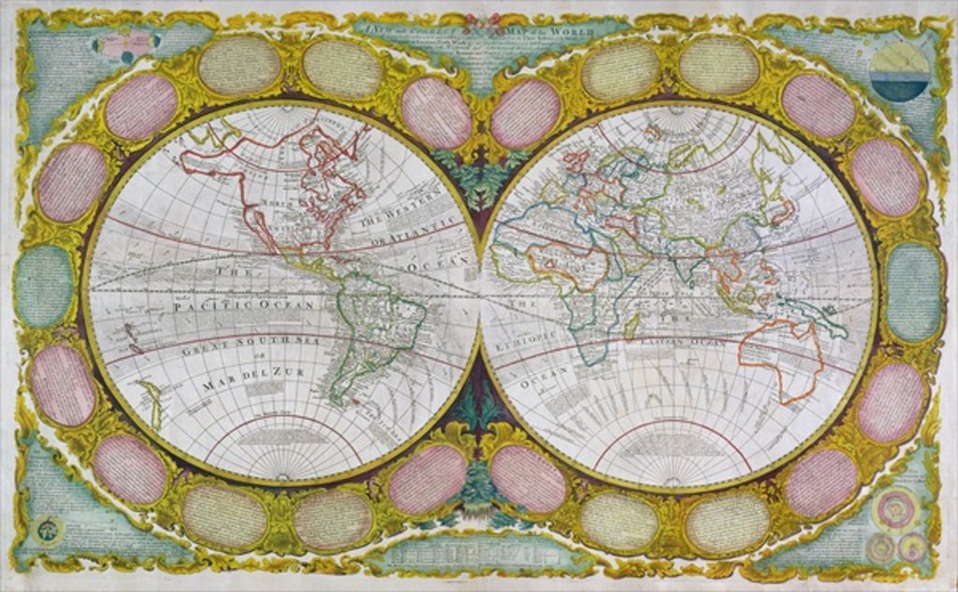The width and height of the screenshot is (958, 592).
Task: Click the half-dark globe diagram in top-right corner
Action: (898, 71)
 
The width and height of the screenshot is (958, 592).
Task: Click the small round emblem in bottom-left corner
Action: (45, 530)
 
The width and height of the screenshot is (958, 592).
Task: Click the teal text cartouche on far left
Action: (43, 286)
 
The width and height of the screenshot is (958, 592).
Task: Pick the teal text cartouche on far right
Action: (913, 291)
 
